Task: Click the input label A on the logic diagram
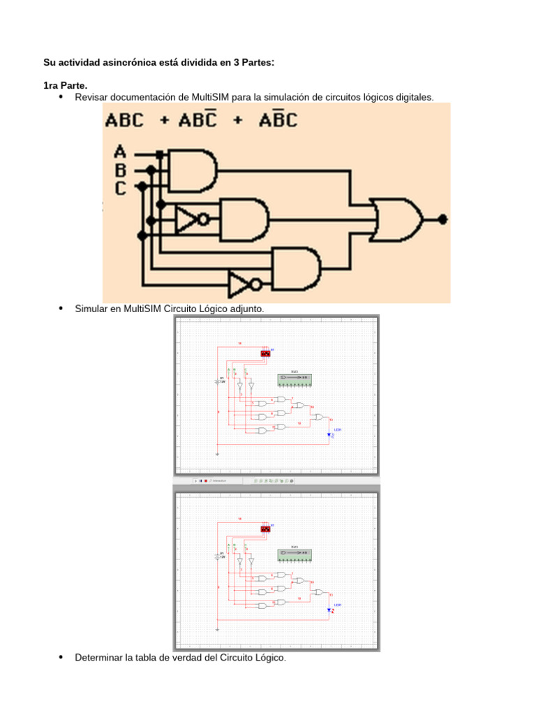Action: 120,152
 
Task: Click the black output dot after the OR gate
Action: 442,219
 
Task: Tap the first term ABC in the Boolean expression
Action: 124,120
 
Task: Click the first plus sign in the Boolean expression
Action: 165,121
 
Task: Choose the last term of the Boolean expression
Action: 278,120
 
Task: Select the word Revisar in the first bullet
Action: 92,97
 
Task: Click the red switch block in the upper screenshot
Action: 265,353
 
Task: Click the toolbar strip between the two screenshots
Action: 276,480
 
